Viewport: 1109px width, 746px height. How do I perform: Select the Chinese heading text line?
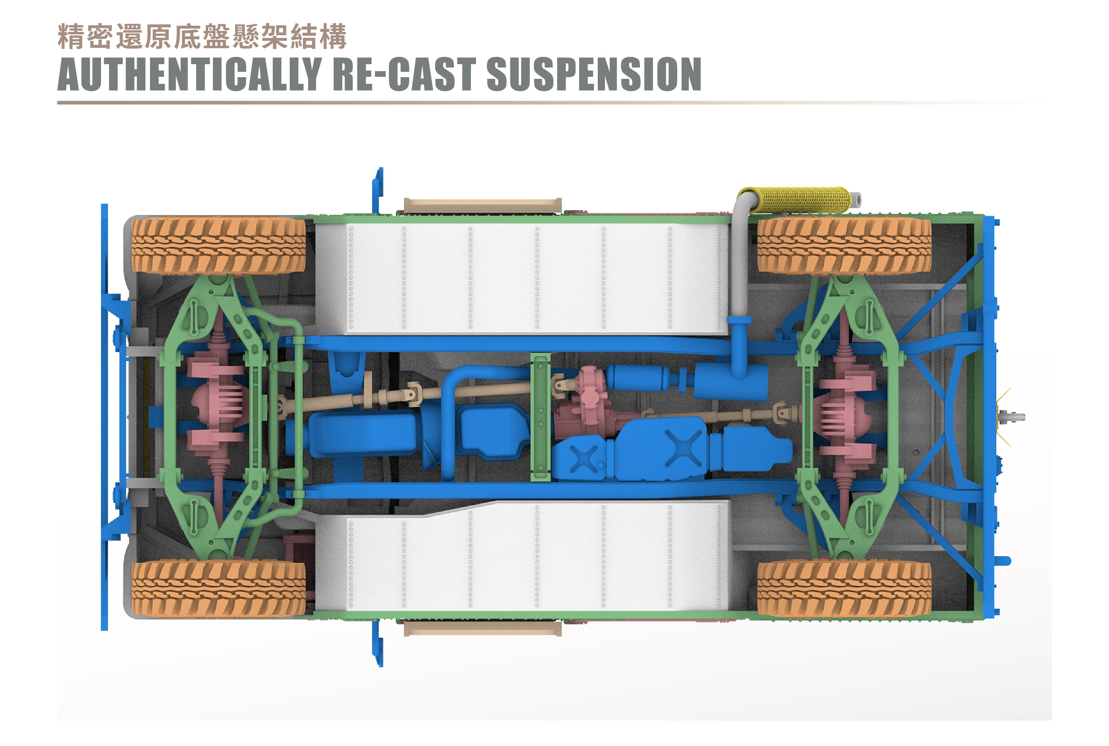[202, 37]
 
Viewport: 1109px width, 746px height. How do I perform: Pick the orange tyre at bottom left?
[219, 589]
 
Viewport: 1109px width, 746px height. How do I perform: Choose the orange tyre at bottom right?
[844, 589]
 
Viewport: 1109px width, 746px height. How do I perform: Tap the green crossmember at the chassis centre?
[540, 417]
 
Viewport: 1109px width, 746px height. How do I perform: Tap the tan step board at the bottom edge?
[482, 629]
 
